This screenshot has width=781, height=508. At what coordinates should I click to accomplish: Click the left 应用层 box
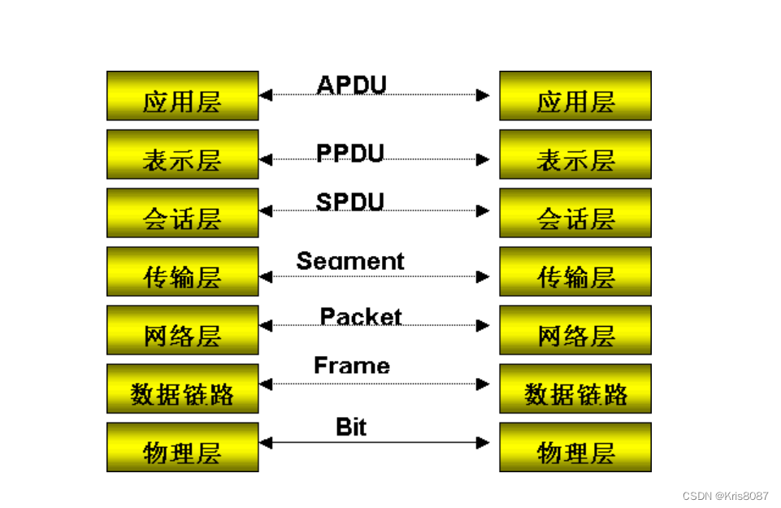pyautogui.click(x=182, y=96)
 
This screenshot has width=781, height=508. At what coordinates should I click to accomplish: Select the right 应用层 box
pyautogui.click(x=575, y=96)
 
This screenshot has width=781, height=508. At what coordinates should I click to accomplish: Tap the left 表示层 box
pyautogui.click(x=182, y=154)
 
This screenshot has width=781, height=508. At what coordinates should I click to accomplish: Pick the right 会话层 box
pyautogui.click(x=575, y=213)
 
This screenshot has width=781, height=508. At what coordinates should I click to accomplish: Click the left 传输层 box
pyautogui.click(x=182, y=271)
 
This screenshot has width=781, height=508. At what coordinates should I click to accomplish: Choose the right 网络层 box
pyautogui.click(x=575, y=330)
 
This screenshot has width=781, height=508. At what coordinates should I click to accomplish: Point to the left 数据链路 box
pyautogui.click(x=182, y=389)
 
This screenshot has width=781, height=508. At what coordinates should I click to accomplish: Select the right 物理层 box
pyautogui.click(x=575, y=447)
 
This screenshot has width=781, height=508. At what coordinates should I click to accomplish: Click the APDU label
pyautogui.click(x=351, y=84)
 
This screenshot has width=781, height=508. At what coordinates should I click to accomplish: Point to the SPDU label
pyautogui.click(x=350, y=201)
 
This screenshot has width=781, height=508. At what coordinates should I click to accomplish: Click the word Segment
pyautogui.click(x=350, y=261)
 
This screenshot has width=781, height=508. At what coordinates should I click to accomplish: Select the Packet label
pyautogui.click(x=361, y=316)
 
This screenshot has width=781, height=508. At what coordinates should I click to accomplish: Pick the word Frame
pyautogui.click(x=352, y=366)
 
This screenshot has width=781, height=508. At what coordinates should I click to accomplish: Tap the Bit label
pyautogui.click(x=351, y=427)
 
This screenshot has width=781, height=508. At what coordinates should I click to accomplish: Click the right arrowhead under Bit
pyautogui.click(x=484, y=443)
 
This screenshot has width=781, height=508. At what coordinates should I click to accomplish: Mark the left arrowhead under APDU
pyautogui.click(x=266, y=95)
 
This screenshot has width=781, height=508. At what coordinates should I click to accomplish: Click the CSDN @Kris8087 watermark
pyautogui.click(x=726, y=495)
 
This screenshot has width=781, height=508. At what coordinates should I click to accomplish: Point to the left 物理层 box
pyautogui.click(x=182, y=447)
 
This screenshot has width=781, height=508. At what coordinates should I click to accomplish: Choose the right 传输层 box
pyautogui.click(x=575, y=271)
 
